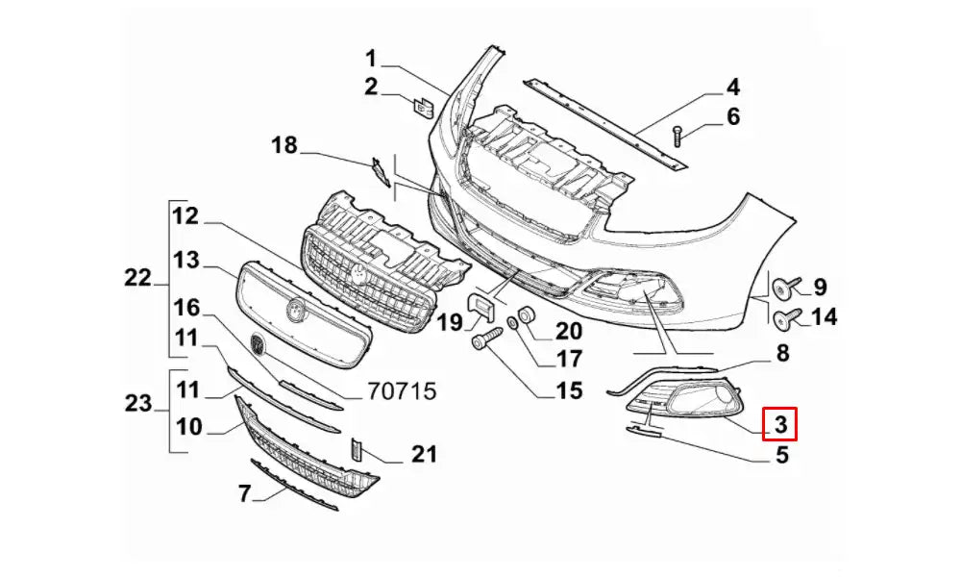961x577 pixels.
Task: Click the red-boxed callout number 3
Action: coord(780,423)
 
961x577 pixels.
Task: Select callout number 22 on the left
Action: coord(137,279)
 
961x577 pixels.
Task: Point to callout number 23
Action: coord(137,403)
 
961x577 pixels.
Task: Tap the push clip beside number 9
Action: coord(784,287)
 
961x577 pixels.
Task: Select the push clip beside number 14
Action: coord(784,316)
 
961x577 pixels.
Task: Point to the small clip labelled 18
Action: coord(382,172)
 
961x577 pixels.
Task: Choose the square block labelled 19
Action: coord(480,308)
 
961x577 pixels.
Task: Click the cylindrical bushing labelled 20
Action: coord(527,314)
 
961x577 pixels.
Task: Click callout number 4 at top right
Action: coord(732,88)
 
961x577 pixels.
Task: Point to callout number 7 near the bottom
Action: coord(244,493)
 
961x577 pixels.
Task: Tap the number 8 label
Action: coord(782,353)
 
